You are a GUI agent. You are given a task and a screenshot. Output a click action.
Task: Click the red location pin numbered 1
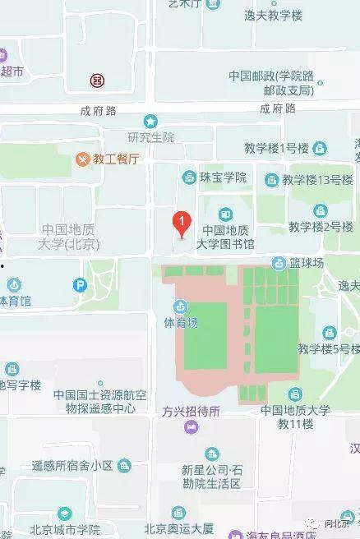click(x=180, y=223)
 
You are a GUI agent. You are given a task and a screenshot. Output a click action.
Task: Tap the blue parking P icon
click(x=80, y=286)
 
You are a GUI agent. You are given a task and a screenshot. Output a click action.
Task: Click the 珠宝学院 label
click(x=224, y=177)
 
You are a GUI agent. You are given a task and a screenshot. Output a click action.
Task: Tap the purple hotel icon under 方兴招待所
click(x=191, y=426)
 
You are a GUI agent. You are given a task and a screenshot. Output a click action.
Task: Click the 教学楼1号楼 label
click(x=275, y=148)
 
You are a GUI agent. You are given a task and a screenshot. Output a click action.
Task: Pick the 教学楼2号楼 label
click(x=320, y=226)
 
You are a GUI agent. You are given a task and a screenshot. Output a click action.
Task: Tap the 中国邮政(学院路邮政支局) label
click(x=270, y=82)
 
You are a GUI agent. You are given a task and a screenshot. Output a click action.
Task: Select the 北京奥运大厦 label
click(x=178, y=528)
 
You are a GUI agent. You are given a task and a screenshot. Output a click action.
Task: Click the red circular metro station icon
click(x=97, y=81)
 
